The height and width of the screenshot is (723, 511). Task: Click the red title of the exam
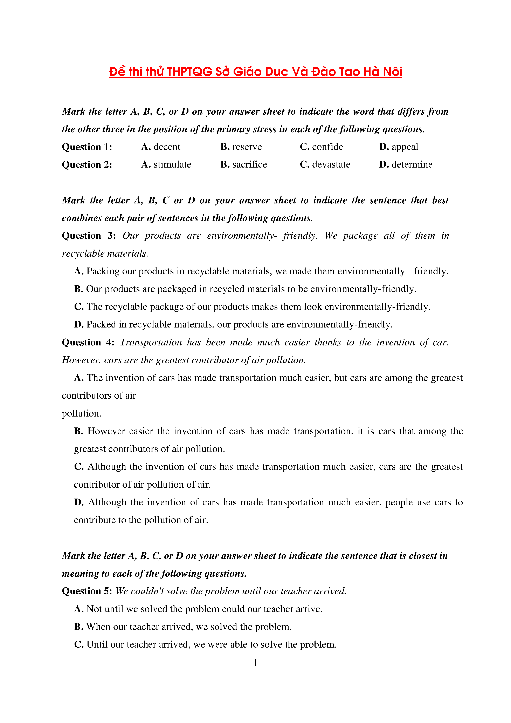255,72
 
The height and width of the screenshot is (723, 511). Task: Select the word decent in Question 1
167,147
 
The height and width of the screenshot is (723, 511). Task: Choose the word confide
327,147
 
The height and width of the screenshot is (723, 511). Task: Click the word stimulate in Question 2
172,164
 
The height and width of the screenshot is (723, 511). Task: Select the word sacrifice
249,164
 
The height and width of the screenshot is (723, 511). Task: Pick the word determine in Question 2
412,164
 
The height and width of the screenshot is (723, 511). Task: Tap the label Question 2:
87,165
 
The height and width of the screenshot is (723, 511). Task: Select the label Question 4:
88,342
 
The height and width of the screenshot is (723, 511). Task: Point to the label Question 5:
87,591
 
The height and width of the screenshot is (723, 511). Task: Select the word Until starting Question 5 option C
97,644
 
